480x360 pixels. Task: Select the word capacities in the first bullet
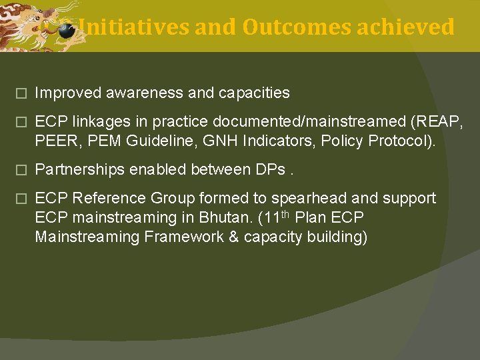click(256, 93)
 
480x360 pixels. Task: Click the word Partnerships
click(79, 170)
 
